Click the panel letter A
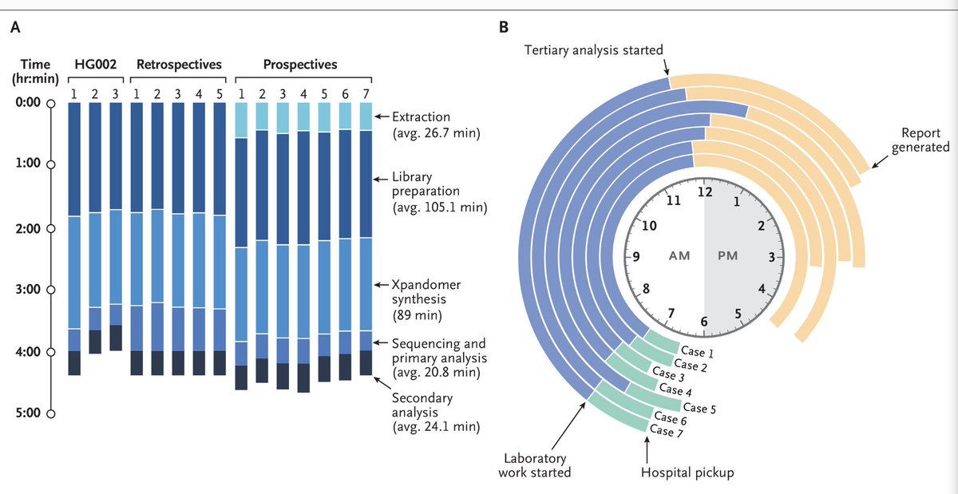(15, 27)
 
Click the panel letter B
(504, 27)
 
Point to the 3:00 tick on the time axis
(50, 290)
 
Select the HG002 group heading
(95, 64)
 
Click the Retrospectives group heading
(179, 64)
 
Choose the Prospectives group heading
(299, 64)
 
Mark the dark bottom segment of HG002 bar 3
(115, 338)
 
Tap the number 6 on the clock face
(704, 321)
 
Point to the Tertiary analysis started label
(593, 50)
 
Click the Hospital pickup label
(687, 472)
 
